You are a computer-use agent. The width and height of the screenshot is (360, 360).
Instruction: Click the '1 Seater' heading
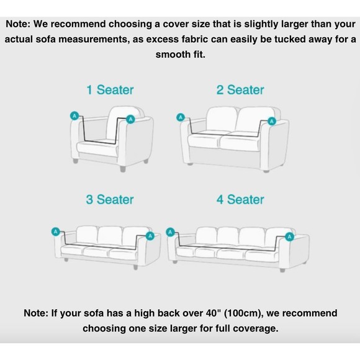[x=110, y=90]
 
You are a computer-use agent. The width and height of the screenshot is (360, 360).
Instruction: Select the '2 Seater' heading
[x=240, y=90]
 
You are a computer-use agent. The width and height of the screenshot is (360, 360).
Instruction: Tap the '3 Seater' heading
[x=110, y=200]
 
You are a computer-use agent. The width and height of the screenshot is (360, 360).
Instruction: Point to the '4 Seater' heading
[x=240, y=200]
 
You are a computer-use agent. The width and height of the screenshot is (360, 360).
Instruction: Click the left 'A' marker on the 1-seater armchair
[x=75, y=115]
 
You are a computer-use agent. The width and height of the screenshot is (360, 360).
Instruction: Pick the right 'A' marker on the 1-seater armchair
[x=130, y=119]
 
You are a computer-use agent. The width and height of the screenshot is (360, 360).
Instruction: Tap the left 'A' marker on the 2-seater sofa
[x=181, y=117]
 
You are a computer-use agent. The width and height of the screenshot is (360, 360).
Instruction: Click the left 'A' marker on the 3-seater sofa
[x=55, y=232]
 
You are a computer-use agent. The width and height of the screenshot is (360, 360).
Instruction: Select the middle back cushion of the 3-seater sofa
[x=110, y=236]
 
